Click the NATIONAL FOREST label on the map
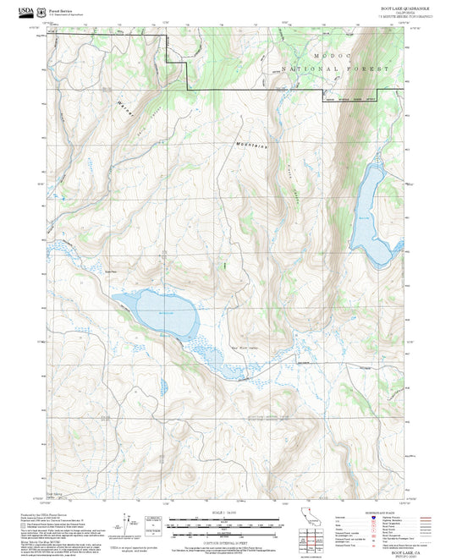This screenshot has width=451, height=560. tap(337, 68)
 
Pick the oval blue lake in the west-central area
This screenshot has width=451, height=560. tap(162, 312)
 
